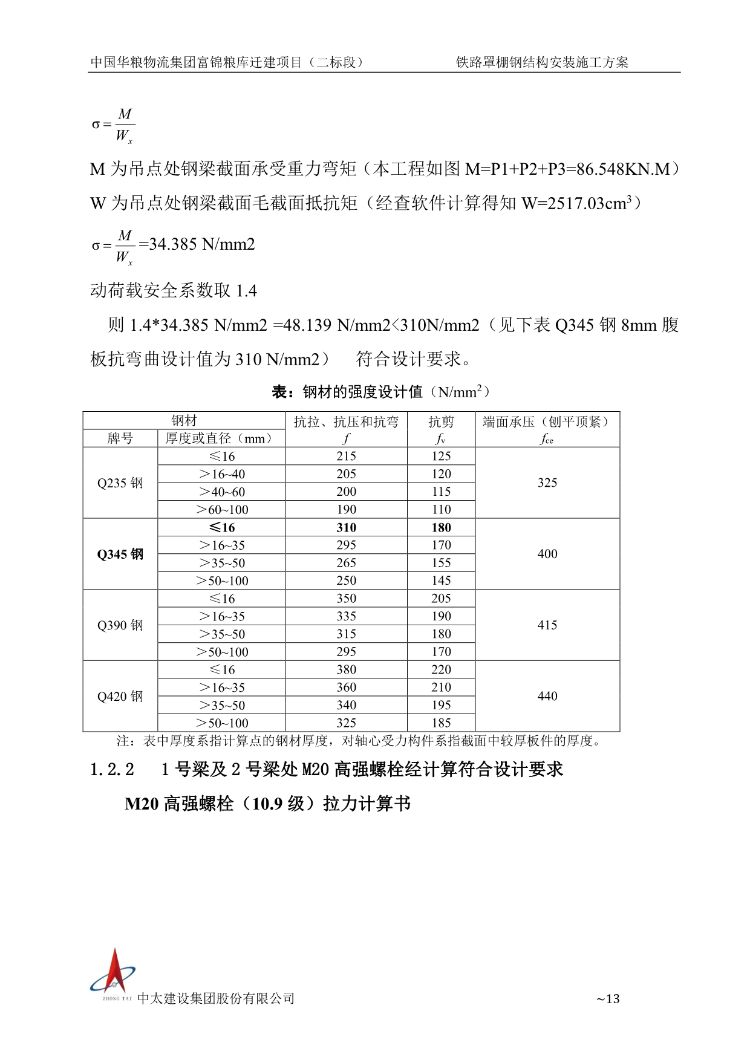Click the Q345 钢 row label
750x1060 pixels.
tap(120, 554)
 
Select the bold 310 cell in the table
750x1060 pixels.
tap(346, 527)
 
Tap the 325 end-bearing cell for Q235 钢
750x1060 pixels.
tap(547, 483)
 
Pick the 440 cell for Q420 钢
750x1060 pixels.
tap(547, 696)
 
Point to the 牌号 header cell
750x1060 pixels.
tap(120, 438)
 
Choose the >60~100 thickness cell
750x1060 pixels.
tap(222, 510)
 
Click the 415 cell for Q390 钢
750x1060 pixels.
tap(547, 625)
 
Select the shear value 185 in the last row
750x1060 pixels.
tap(441, 723)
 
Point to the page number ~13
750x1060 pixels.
tap(608, 999)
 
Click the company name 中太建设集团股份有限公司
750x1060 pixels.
tap(216, 998)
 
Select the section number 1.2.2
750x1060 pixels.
tap(112, 770)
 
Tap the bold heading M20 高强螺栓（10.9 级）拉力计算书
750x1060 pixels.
tap(267, 804)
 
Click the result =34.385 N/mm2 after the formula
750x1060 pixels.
tap(197, 244)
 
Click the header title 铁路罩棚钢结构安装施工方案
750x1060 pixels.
tap(542, 62)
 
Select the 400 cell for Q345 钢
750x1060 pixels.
tap(547, 554)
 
